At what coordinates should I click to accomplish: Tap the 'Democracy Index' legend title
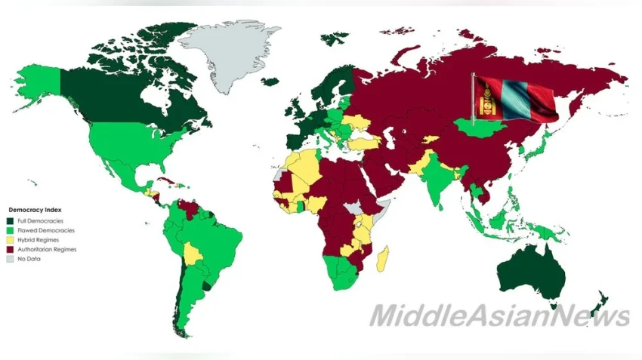35,209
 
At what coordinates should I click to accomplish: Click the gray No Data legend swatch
11,259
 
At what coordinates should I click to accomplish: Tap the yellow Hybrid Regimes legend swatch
11,239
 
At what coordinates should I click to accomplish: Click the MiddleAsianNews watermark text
498,315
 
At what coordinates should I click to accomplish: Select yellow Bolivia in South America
193,253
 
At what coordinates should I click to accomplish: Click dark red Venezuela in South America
193,206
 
